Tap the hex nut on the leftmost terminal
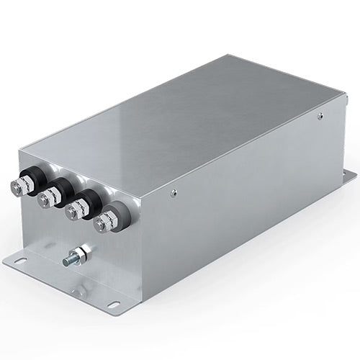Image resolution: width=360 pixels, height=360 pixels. pos(19,188)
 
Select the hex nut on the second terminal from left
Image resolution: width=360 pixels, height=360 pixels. pos(46,198)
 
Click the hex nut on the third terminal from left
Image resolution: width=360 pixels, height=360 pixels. pos(73,212)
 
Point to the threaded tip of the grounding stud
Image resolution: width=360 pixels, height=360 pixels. pos(66,261)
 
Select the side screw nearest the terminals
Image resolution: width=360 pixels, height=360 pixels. pos(174,192)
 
